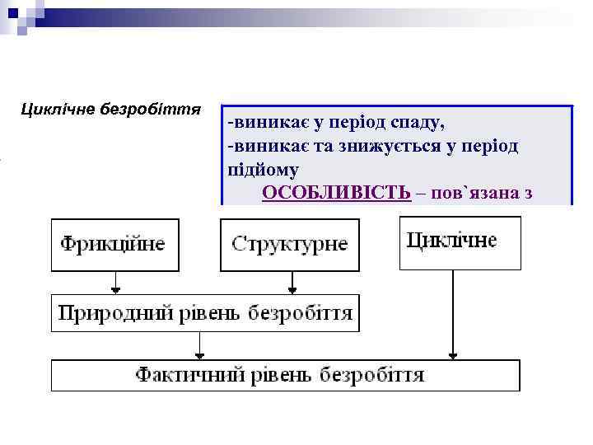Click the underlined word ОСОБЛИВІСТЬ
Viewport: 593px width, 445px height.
(336, 193)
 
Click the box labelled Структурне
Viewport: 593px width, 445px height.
(290, 244)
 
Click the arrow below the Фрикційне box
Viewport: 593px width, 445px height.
(116, 282)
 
